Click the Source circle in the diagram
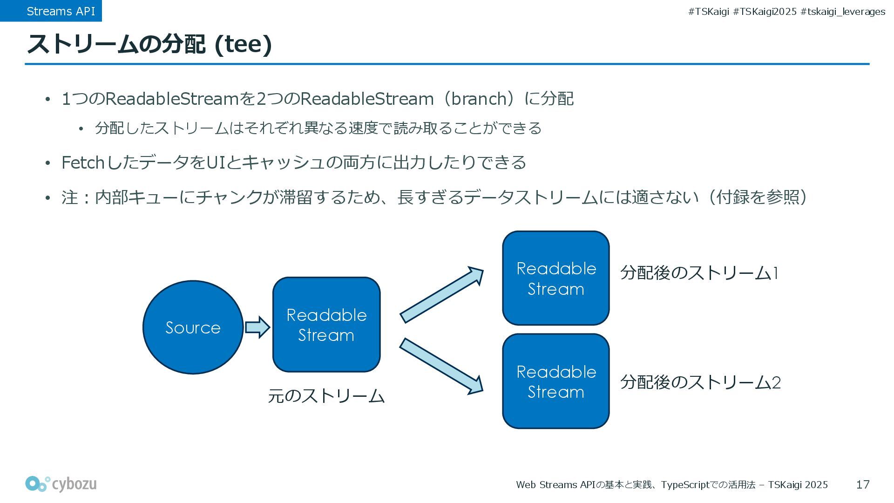[193, 327]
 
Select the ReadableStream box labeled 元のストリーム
[326, 325]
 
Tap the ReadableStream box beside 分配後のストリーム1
[556, 279]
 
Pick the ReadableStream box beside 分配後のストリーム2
[556, 381]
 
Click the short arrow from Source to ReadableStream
[257, 327]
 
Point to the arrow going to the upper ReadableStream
[441, 295]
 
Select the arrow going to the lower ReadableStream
[441, 366]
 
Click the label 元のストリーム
[326, 396]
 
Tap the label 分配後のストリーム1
[699, 273]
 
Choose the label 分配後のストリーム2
[700, 382]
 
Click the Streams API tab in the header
[61, 11]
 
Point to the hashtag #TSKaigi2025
[765, 12]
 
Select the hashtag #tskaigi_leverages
[843, 12]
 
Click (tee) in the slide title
[243, 44]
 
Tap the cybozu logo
[61, 484]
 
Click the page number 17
[863, 485]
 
